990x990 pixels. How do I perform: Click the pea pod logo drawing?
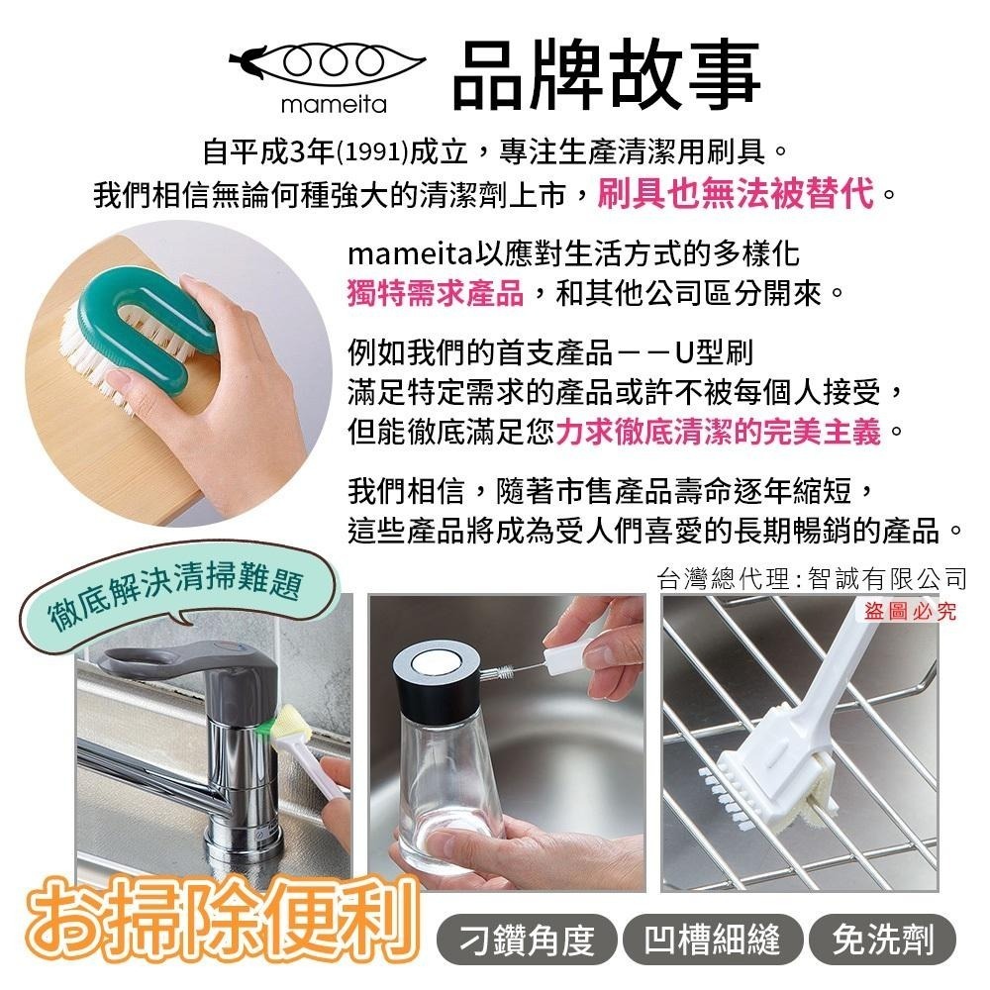[327, 63]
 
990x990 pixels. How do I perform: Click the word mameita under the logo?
[334, 104]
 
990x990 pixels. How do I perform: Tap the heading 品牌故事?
[607, 74]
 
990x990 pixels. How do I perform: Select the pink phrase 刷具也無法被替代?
[737, 193]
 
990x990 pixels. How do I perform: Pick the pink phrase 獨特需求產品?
[436, 293]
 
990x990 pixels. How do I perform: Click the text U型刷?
[714, 351]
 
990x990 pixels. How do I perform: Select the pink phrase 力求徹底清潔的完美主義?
[718, 432]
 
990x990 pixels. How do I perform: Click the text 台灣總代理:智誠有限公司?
[812, 578]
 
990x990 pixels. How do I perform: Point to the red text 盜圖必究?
[910, 611]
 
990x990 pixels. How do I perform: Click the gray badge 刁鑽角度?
[527, 940]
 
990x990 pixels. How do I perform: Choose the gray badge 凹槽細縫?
[712, 940]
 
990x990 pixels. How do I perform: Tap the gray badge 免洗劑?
[883, 940]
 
